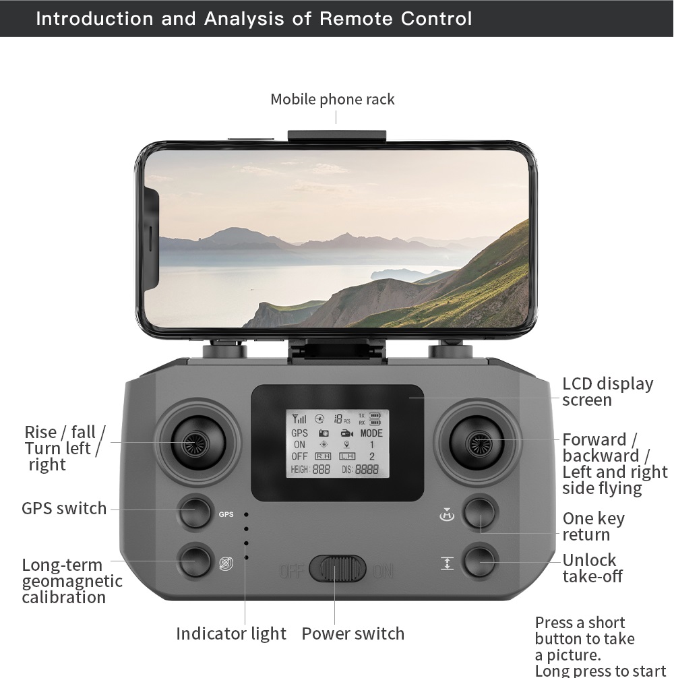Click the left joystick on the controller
[x=197, y=442]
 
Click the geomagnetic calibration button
[x=195, y=560]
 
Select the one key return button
[x=480, y=513]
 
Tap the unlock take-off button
[x=480, y=561]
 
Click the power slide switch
[x=337, y=569]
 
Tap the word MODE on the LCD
[x=371, y=433]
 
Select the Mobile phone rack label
[x=332, y=100]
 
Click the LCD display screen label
[x=607, y=392]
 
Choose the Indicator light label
[x=231, y=634]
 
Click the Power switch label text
[x=353, y=634]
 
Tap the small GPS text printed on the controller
[x=226, y=515]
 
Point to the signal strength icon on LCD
[x=299, y=419]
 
